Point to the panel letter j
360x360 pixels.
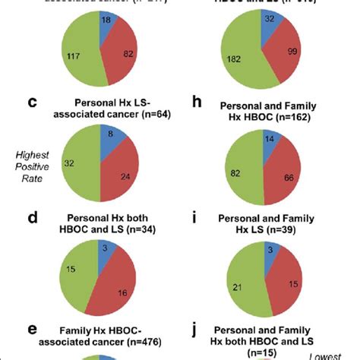(204, 333)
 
